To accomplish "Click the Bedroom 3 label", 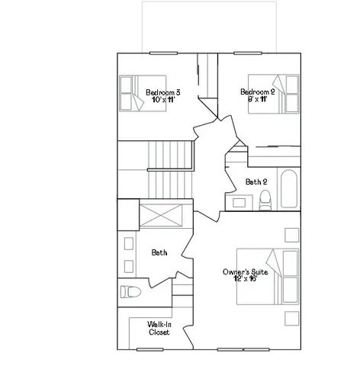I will tap(162, 93).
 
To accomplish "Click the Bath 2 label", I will tap(256, 181).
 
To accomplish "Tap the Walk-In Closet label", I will tap(159, 329).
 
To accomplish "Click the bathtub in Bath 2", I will tap(288, 189).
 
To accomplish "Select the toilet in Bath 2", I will tap(265, 200).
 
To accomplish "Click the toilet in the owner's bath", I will tap(130, 291).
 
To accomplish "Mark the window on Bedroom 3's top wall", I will tap(162, 53).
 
